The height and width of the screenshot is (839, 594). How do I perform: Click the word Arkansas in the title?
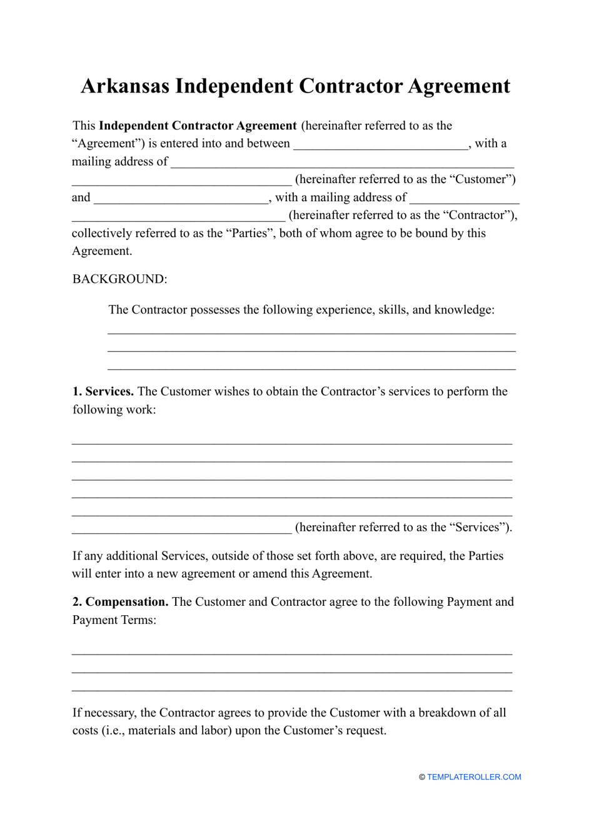click(125, 86)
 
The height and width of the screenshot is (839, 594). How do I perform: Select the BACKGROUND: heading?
click(119, 279)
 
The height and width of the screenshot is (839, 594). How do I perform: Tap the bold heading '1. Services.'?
click(103, 391)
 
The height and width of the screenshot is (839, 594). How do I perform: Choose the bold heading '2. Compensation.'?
click(121, 601)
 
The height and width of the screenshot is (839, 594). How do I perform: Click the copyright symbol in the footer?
click(422, 777)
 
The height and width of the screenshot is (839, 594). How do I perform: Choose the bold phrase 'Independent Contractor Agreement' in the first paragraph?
click(198, 126)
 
